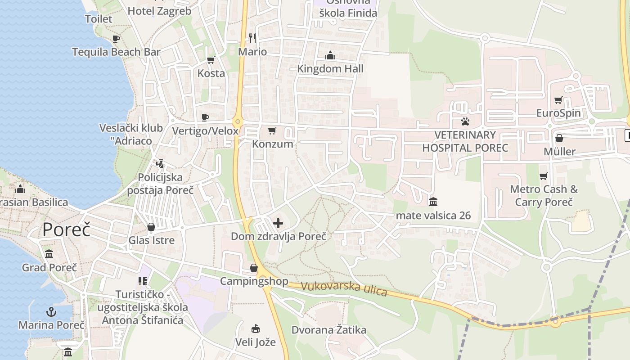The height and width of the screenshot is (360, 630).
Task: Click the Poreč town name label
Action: point(67,229)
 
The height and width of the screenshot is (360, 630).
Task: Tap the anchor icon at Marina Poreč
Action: point(51,311)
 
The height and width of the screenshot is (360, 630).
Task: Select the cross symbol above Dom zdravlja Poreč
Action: point(278,223)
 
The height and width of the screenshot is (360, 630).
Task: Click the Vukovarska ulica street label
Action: point(344,288)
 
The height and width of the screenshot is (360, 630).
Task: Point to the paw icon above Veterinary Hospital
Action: point(465,121)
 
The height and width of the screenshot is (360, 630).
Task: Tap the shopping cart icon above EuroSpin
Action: point(558,100)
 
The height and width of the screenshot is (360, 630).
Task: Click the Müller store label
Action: point(559,151)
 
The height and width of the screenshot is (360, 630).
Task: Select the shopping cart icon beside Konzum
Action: point(272,130)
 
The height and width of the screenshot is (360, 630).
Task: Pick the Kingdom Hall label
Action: point(330,69)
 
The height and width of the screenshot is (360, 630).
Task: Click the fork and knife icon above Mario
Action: point(252,38)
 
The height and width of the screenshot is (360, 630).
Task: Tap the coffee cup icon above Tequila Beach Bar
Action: point(116,39)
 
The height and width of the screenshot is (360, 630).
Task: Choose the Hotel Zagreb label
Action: point(160,11)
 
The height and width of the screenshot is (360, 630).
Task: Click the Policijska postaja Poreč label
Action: point(160,184)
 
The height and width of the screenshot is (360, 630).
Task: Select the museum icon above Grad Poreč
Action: point(49,254)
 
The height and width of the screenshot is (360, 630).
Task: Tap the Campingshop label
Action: point(254,281)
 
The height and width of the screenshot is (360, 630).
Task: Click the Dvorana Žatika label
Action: point(329,330)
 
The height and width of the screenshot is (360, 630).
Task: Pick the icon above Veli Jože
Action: point(256,328)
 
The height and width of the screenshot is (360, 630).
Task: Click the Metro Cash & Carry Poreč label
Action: point(544,195)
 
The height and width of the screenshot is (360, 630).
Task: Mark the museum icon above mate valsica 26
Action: point(433,202)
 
